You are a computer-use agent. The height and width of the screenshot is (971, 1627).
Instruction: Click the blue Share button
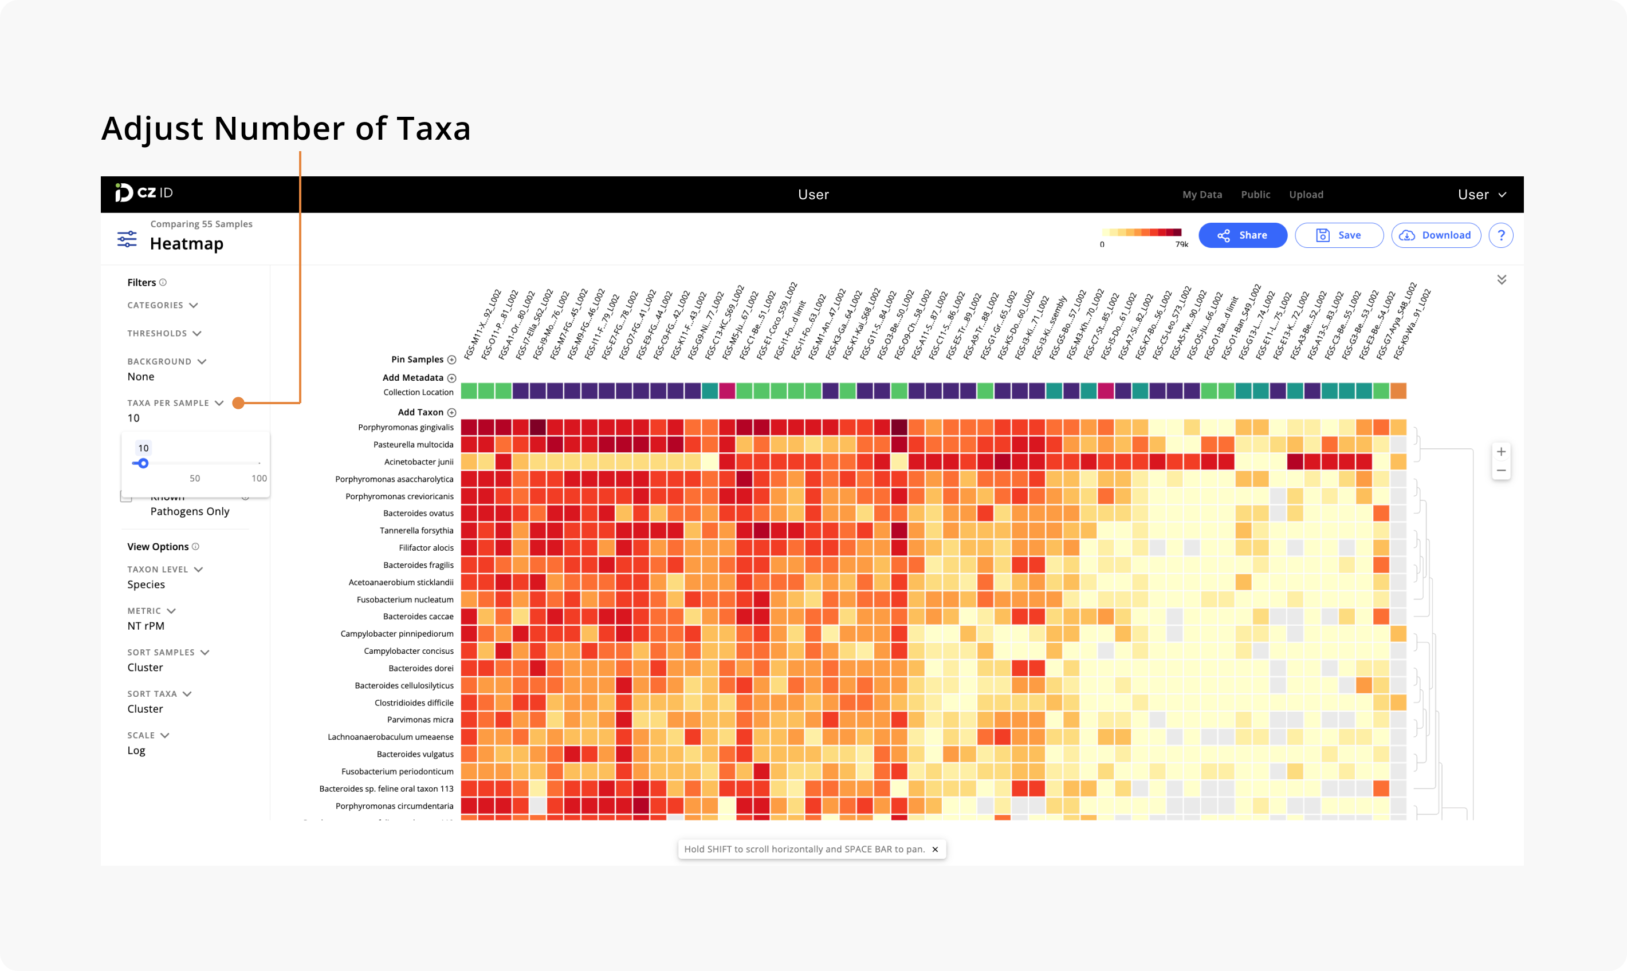click(1242, 235)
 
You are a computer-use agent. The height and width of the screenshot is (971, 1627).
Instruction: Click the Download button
click(1435, 235)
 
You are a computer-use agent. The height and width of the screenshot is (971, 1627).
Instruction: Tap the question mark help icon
click(1500, 235)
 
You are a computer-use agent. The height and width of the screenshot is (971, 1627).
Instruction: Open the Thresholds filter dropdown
click(164, 334)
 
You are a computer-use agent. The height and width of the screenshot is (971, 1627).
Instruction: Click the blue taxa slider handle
click(143, 463)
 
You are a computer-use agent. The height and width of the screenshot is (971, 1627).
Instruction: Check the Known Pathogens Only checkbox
click(127, 496)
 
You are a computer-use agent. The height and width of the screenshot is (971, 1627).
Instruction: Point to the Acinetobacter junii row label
click(418, 462)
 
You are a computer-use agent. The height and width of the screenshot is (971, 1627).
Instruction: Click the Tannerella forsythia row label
click(416, 531)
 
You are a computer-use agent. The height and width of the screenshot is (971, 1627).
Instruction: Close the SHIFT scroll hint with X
click(935, 849)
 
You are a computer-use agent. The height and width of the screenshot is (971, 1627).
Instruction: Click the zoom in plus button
click(1500, 452)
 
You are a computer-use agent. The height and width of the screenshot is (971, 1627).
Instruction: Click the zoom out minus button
click(1500, 471)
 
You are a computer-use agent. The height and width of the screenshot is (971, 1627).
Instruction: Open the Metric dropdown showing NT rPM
click(151, 611)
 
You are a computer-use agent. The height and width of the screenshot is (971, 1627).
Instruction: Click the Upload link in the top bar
click(1306, 195)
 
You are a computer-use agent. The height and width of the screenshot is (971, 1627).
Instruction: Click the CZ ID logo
click(144, 193)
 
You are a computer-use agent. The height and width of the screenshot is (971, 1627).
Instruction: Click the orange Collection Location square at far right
click(1398, 391)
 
